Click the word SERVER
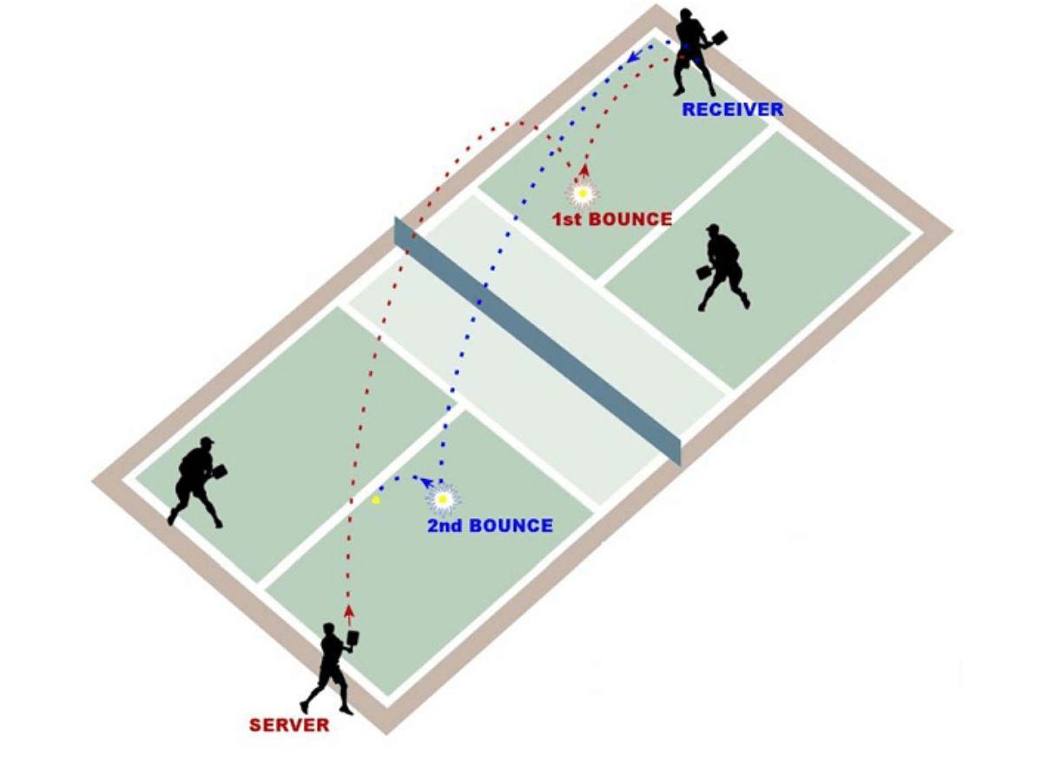pos(289,725)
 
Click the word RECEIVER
pos(732,110)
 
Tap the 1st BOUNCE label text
pos(612,220)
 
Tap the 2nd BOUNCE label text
pos(490,526)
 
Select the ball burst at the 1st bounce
pos(582,193)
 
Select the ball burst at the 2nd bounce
pos(443,500)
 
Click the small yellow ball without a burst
pos(376,500)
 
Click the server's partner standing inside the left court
pos(195,482)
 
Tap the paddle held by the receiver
pos(717,38)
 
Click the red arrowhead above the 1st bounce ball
pos(584,170)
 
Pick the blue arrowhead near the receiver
pos(634,57)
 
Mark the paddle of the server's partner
pos(221,470)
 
